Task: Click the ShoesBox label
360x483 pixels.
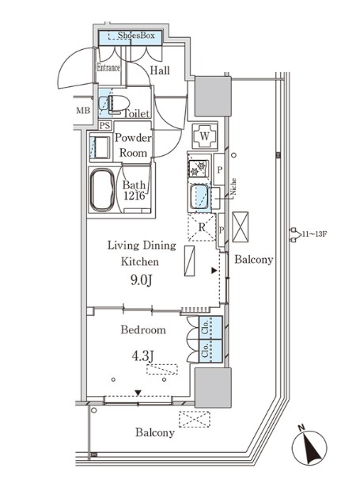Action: pos(136,36)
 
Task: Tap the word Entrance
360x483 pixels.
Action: pos(108,67)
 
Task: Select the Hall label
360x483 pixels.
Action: pos(160,70)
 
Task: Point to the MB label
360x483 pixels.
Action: pos(83,110)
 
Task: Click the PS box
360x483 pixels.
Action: pos(105,126)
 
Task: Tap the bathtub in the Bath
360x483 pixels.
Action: pos(103,190)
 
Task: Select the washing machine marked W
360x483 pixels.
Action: pos(205,136)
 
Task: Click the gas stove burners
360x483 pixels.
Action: pos(198,169)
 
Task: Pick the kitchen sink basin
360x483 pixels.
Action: pos(199,197)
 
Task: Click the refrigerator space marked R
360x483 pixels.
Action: pos(202,227)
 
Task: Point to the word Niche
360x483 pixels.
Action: pos(233,187)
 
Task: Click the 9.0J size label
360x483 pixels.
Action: pos(141,280)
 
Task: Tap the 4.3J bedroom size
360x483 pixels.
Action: pos(142,356)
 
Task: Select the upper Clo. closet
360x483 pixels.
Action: pos(210,328)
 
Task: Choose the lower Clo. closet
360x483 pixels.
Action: pos(210,351)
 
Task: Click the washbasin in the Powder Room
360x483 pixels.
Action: pos(100,147)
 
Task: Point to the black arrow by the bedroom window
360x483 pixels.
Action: pos(138,393)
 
